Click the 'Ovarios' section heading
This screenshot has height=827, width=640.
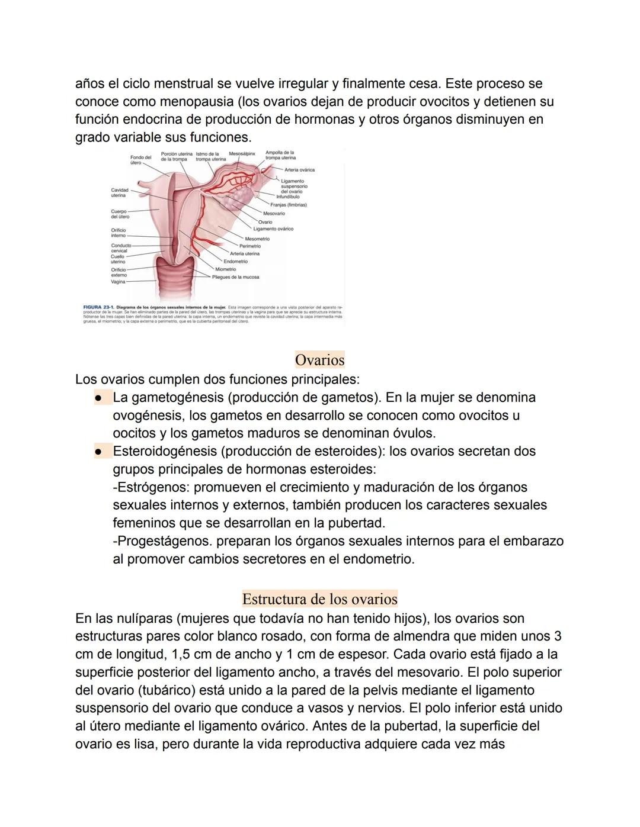coord(319,360)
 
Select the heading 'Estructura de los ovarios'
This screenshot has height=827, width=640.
coord(319,598)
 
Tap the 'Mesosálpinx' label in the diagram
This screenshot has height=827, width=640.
coord(242,153)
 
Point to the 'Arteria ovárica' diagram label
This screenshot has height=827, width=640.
coord(299,170)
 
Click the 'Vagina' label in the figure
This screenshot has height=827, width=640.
coord(119,282)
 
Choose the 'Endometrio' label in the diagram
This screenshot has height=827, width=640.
coord(235,261)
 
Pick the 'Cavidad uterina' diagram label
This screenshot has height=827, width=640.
coord(119,192)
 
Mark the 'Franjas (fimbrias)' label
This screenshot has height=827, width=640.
coord(289,205)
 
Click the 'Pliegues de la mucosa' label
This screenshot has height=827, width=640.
coord(235,277)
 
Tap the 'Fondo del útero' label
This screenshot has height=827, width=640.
coord(140,160)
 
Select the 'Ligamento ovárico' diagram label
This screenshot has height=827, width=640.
coord(273,229)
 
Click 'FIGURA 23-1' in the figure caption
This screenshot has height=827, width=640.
coord(98,308)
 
